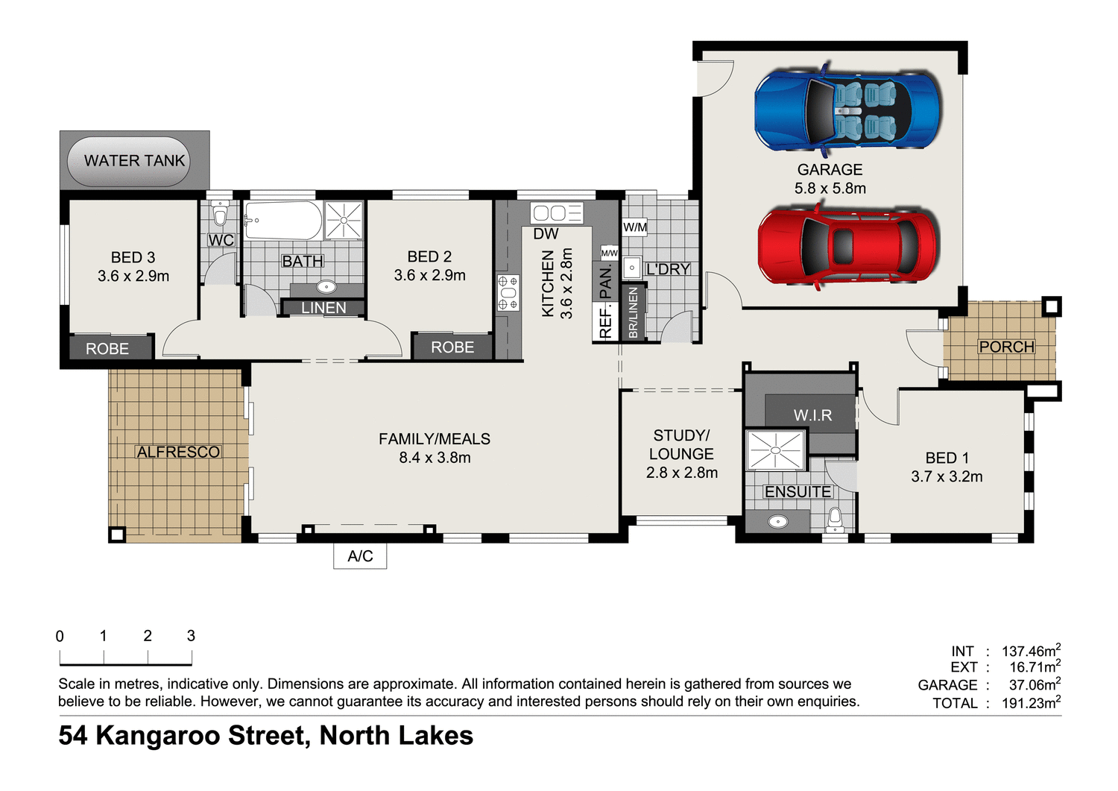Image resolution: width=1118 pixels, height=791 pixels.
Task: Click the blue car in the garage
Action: click(x=847, y=110)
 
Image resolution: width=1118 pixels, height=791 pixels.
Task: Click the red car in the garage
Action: click(x=847, y=246)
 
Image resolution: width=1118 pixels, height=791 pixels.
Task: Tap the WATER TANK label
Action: click(x=134, y=160)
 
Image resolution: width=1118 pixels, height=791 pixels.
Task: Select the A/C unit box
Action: click(x=360, y=556)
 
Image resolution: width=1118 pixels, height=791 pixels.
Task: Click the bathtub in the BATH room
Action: click(x=282, y=220)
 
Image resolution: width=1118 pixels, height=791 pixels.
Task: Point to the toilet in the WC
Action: click(x=220, y=215)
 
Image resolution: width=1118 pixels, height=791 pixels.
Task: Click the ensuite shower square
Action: click(x=775, y=450)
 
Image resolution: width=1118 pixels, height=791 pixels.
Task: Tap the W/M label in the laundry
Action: click(x=635, y=227)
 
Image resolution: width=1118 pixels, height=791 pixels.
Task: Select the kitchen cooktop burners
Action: click(x=508, y=292)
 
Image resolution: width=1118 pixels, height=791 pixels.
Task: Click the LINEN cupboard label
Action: click(x=323, y=307)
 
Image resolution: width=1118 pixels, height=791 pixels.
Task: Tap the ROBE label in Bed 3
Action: click(x=107, y=348)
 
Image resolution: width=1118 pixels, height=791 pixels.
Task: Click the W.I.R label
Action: click(x=812, y=415)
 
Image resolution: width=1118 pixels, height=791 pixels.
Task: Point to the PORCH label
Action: click(x=1006, y=347)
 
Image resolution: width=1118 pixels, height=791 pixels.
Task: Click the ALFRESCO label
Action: click(x=178, y=452)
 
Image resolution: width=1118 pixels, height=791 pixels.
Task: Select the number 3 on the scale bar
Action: click(x=191, y=635)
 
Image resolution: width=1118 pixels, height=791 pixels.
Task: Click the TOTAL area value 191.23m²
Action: click(x=1031, y=702)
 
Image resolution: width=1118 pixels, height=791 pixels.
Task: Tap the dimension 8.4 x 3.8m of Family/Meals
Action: click(x=435, y=458)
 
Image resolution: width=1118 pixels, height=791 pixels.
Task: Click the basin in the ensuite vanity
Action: click(x=777, y=521)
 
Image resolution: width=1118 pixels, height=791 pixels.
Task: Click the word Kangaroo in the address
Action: click(x=158, y=736)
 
